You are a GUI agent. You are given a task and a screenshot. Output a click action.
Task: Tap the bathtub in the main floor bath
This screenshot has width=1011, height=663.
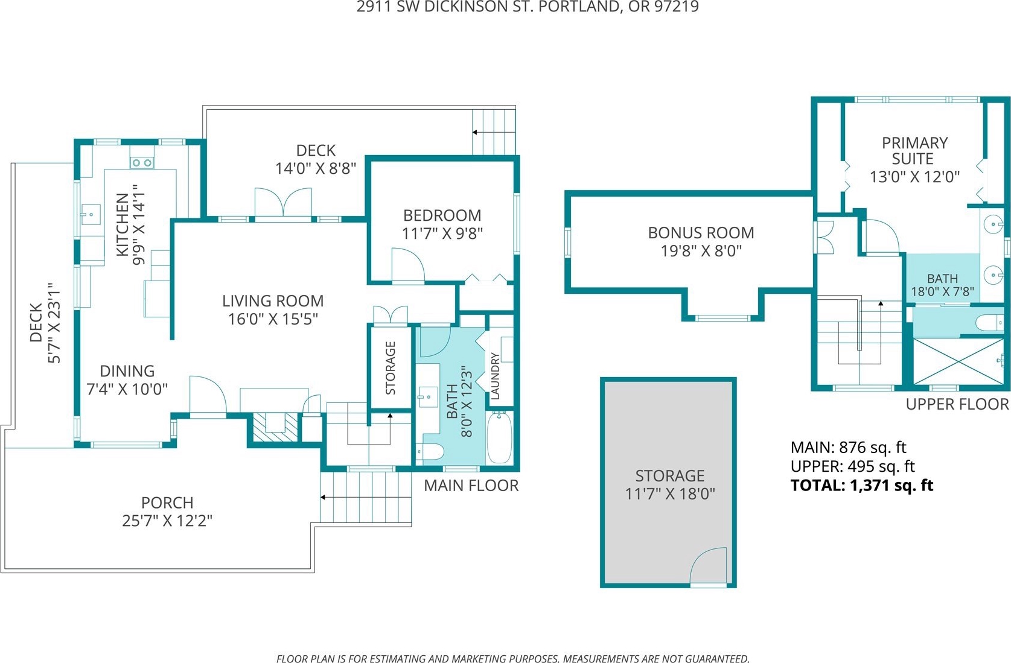[x=499, y=437]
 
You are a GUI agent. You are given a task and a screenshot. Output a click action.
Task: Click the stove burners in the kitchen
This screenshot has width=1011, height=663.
[x=142, y=163]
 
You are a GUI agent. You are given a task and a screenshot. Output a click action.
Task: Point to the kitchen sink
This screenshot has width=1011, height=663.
[x=91, y=214]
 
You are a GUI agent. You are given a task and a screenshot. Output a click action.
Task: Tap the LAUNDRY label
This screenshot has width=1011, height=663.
[x=495, y=376]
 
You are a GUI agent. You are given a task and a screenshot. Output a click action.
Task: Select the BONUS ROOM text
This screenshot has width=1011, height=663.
[x=701, y=233]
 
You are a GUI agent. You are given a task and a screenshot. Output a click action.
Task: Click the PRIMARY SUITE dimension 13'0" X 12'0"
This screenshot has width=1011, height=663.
[x=914, y=177]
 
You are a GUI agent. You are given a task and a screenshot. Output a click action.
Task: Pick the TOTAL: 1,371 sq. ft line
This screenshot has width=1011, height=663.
[x=861, y=486]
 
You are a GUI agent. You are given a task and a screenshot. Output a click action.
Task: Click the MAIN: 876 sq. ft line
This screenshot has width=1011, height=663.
[x=848, y=448]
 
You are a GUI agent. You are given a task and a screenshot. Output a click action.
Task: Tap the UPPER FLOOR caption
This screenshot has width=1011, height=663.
[x=957, y=404]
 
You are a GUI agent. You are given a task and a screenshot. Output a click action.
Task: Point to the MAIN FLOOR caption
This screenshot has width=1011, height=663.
[x=471, y=486]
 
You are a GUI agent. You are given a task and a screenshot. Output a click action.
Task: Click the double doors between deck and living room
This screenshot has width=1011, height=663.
[x=283, y=203]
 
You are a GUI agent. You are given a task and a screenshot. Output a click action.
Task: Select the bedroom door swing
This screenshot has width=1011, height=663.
[x=409, y=265]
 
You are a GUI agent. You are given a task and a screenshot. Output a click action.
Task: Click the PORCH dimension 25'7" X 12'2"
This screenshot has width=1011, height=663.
[x=167, y=521]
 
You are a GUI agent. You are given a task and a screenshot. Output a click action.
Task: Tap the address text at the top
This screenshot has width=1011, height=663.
[x=528, y=7]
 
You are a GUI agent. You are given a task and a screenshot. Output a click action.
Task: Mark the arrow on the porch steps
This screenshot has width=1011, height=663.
[x=324, y=498]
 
